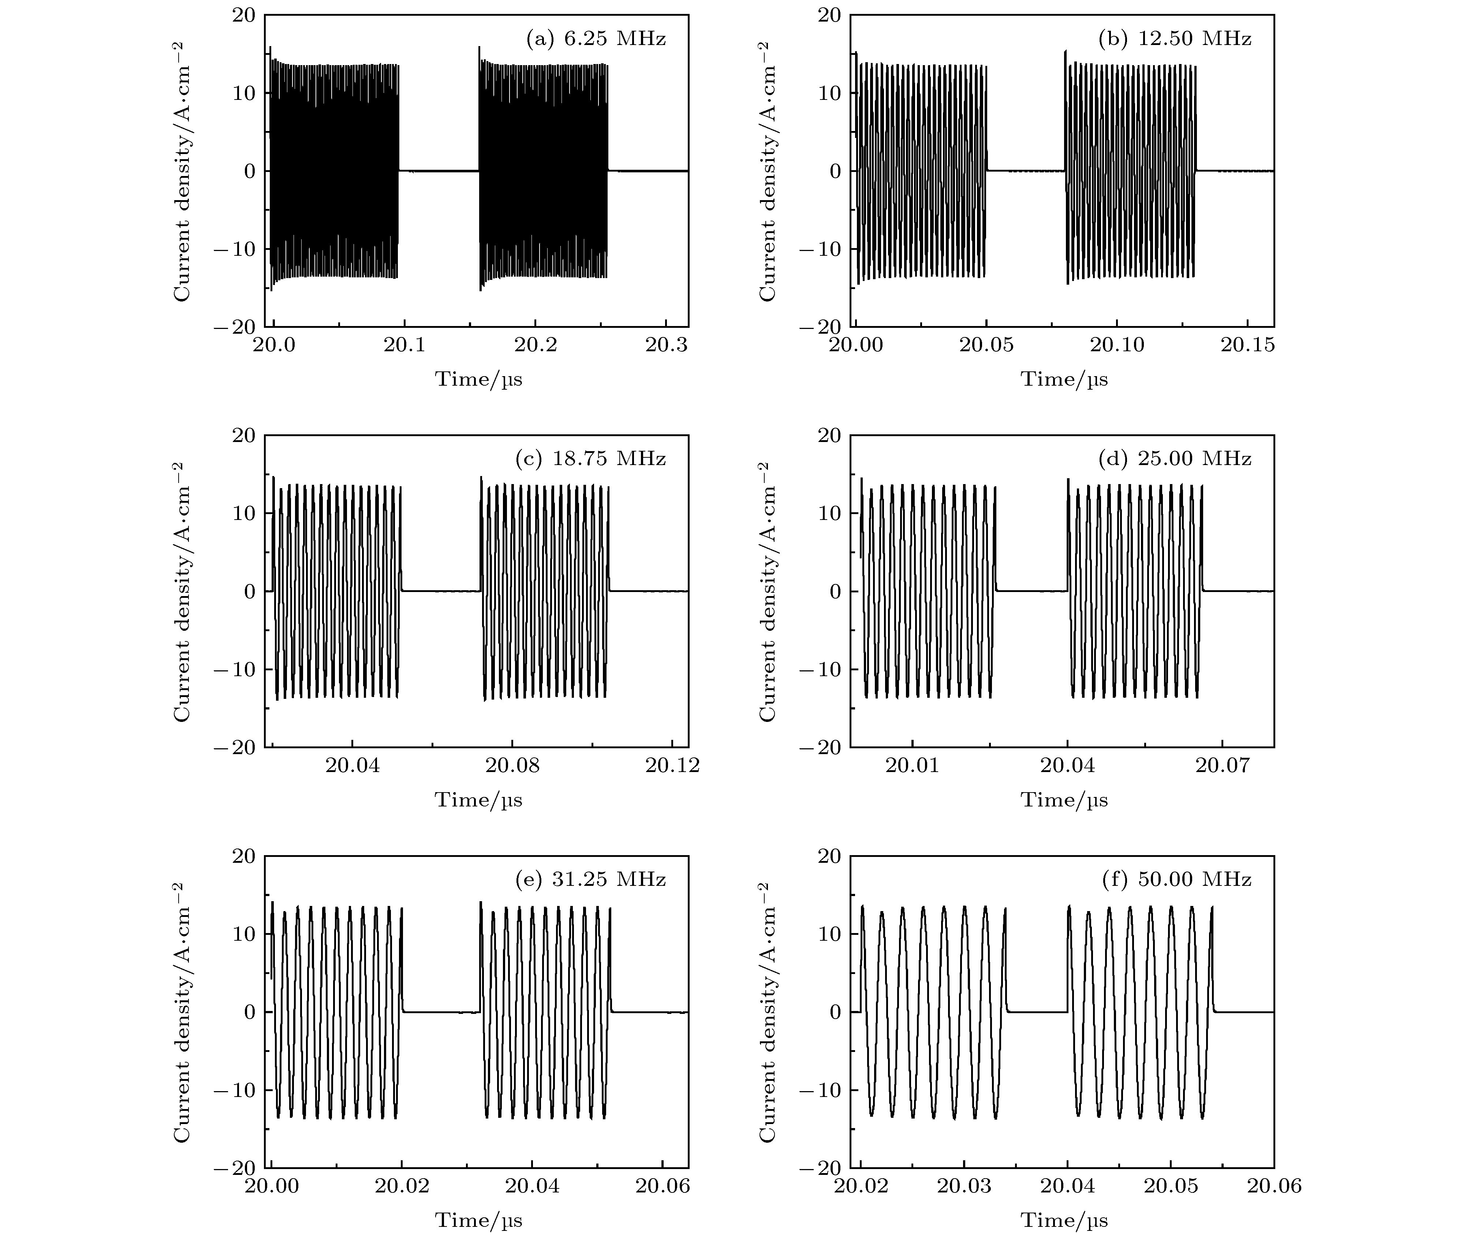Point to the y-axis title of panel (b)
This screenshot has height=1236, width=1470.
(768, 171)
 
